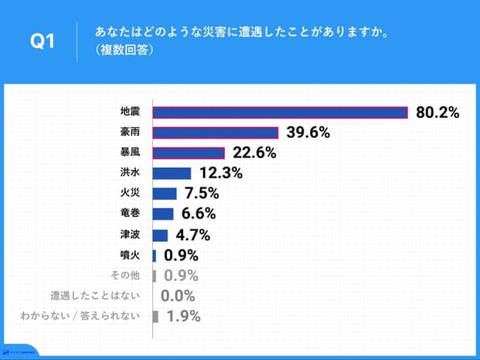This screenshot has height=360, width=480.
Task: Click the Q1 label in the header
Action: coord(42,42)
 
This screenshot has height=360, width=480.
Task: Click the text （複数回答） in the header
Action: coord(124,51)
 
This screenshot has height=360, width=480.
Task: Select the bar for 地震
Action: coord(280,112)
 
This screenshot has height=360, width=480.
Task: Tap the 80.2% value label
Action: coord(438,112)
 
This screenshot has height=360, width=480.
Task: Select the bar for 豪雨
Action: coord(215,133)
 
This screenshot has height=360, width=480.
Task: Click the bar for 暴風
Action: coord(188,153)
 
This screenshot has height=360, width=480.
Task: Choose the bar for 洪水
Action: coord(171,173)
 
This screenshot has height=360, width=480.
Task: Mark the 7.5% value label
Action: coord(201,194)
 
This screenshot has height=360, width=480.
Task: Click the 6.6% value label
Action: coord(198,215)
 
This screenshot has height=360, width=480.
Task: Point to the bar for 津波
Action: coord(160,235)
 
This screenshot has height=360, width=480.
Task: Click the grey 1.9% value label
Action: coord(182,317)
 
